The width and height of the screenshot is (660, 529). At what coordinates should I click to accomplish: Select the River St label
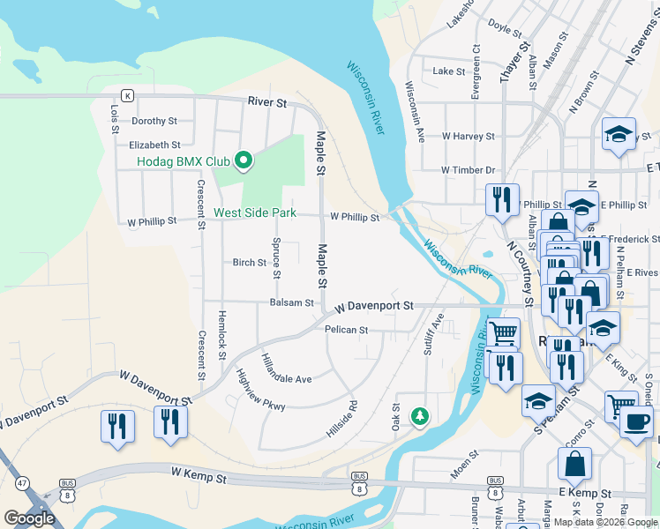(267, 103)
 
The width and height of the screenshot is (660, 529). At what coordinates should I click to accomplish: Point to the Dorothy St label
(154, 121)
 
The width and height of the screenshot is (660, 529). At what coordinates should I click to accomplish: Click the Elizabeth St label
(154, 145)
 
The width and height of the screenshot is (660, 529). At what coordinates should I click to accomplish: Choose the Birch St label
(249, 263)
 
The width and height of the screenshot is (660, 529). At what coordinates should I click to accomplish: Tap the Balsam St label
(291, 302)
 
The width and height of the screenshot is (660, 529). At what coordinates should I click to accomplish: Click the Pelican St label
(346, 330)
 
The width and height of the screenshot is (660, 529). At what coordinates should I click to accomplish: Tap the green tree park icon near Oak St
(421, 415)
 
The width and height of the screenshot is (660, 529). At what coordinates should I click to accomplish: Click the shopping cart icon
(503, 333)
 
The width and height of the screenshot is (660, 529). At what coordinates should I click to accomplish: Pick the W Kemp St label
(199, 473)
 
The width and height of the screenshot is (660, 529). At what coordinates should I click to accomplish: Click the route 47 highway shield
(20, 483)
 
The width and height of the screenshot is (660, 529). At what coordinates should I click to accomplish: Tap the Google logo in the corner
(29, 518)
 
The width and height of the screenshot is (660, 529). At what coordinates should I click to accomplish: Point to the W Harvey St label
(468, 137)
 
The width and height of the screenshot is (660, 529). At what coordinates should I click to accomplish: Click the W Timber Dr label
(469, 169)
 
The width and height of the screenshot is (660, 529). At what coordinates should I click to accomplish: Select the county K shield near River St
(127, 95)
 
